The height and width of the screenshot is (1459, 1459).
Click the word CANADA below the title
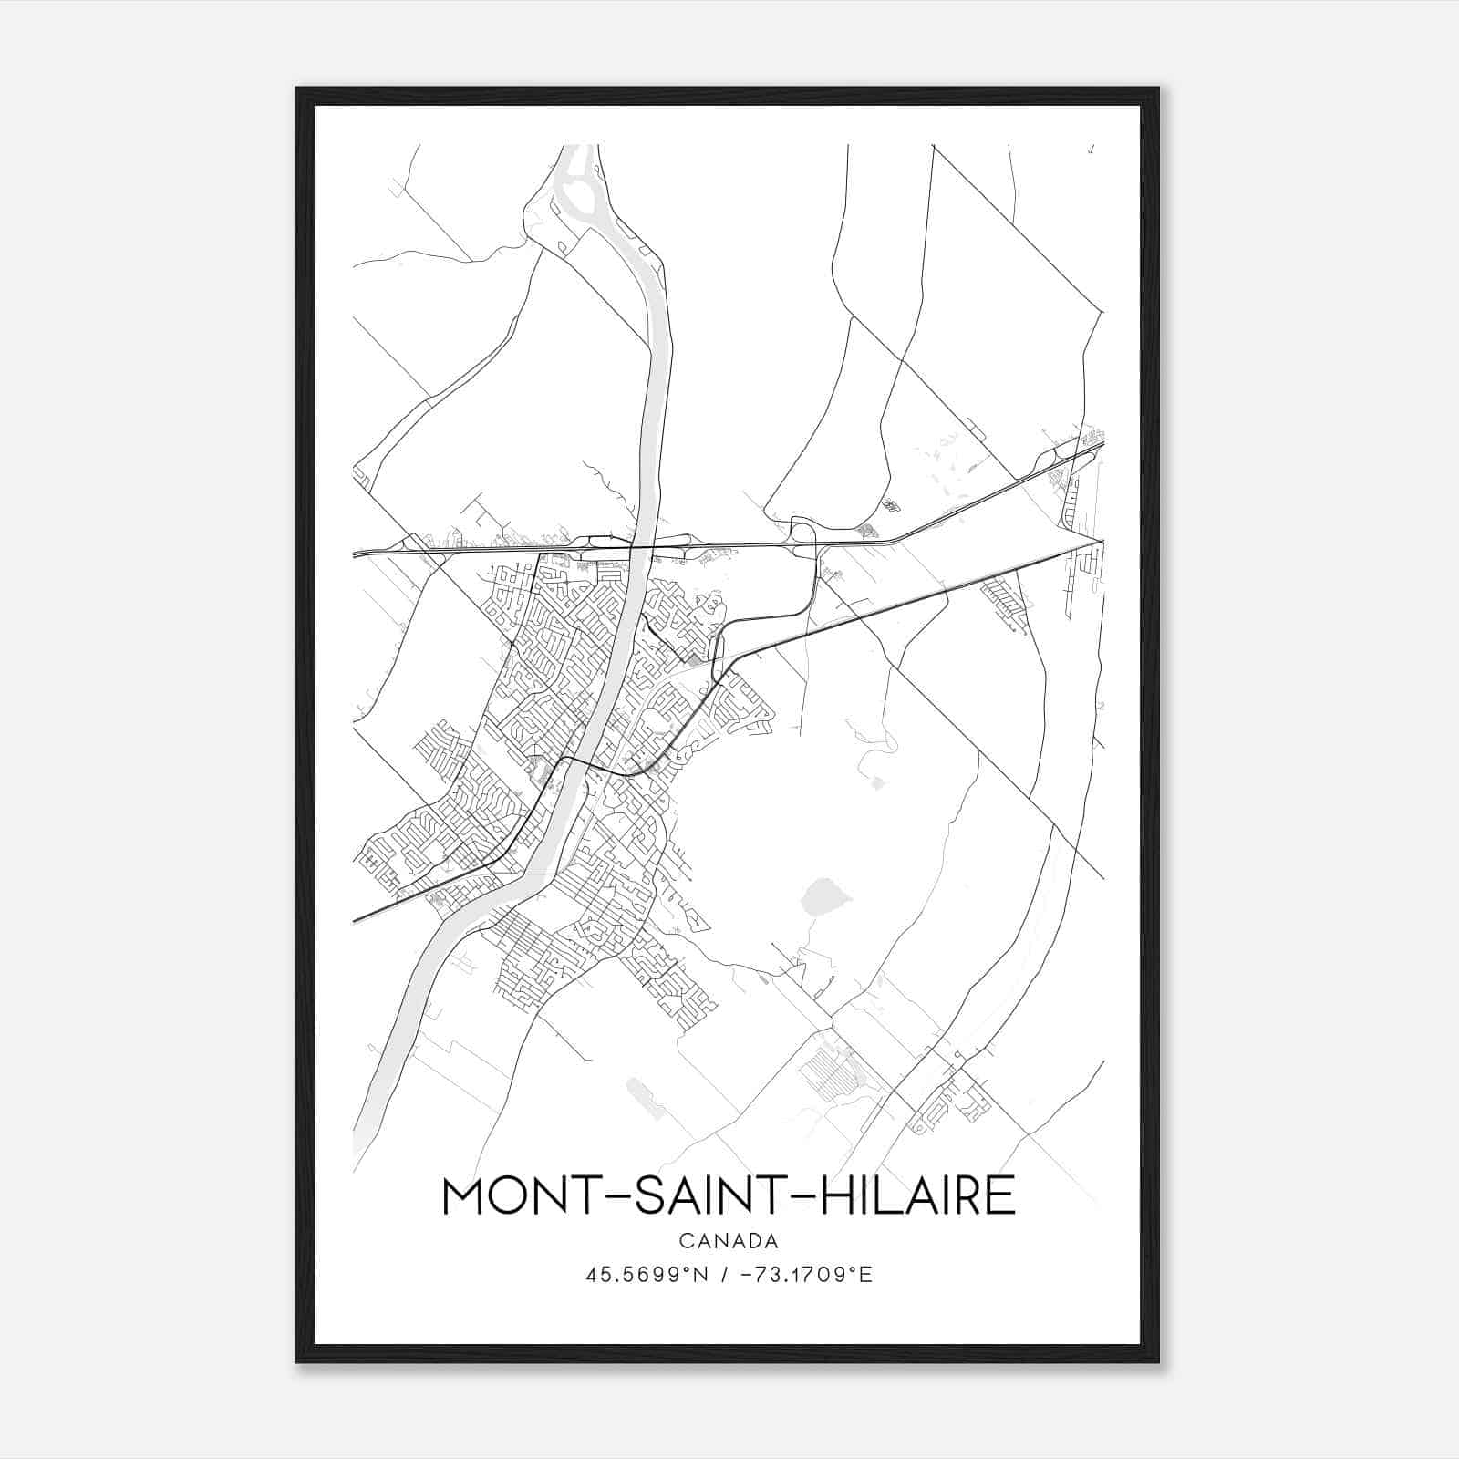pyautogui.click(x=729, y=1241)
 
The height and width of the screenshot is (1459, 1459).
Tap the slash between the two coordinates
pyautogui.click(x=724, y=1275)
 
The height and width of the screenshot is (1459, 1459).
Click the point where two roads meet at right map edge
pyautogui.click(x=1102, y=541)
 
